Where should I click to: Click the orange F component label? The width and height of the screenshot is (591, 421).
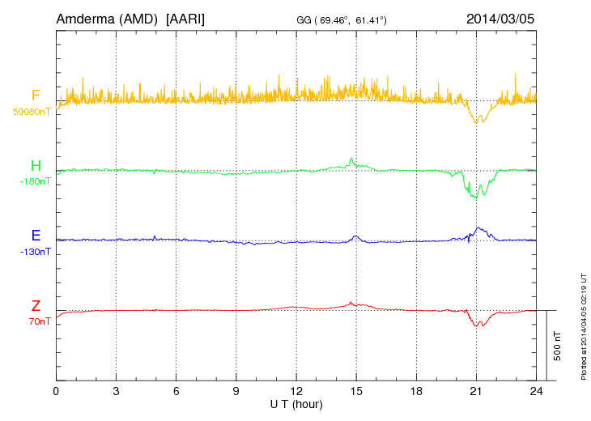tap(36, 96)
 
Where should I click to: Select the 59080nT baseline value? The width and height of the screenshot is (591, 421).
tap(32, 112)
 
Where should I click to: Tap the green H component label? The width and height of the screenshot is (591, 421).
tap(36, 167)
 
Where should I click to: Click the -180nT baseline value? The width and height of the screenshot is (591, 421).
tap(35, 181)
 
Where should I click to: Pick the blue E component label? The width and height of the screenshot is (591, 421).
tap(36, 236)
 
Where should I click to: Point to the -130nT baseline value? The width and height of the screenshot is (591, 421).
tap(35, 251)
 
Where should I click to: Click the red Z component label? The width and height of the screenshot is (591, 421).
tap(36, 306)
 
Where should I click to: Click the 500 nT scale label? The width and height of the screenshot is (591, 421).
tap(557, 346)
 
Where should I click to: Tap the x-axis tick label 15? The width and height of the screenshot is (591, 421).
tap(356, 390)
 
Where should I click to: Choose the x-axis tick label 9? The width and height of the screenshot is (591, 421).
tap(236, 390)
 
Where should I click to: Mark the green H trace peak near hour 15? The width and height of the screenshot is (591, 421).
tap(351, 159)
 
